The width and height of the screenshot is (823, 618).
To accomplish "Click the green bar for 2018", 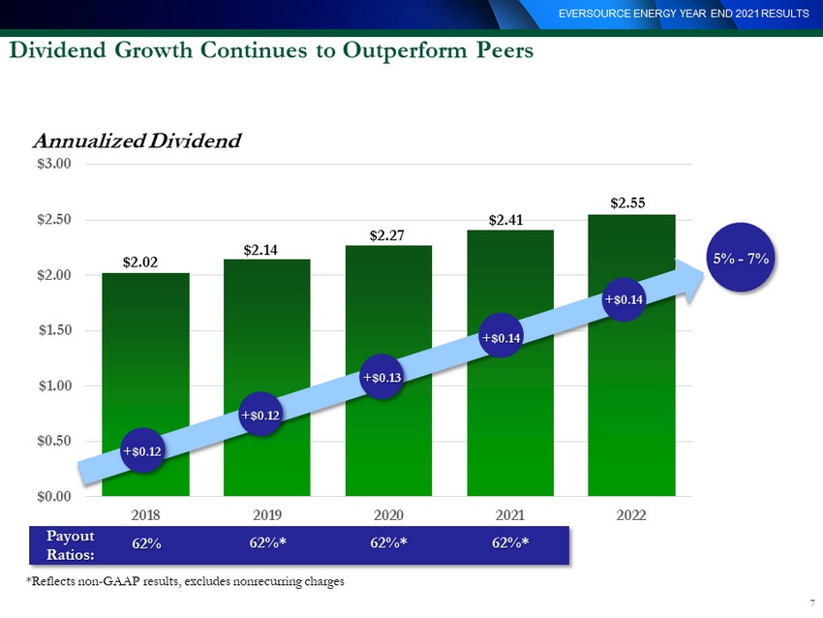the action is (x=145, y=385).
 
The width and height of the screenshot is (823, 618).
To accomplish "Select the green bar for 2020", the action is (x=388, y=371).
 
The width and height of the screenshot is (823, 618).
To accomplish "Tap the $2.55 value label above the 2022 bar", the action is (x=627, y=203).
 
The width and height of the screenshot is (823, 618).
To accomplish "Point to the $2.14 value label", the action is (x=260, y=251).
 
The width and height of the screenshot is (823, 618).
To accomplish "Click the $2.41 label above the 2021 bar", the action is (x=506, y=220).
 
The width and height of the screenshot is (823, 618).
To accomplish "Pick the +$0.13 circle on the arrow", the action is (x=382, y=377).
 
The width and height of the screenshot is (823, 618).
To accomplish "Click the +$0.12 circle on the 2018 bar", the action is (x=142, y=451).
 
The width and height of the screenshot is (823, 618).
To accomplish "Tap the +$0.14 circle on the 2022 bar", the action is (x=624, y=299).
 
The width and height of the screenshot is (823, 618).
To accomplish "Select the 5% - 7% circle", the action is (x=741, y=258).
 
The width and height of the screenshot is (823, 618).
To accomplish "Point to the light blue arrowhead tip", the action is (x=703, y=271).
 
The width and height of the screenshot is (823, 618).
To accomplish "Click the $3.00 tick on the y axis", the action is (x=54, y=164).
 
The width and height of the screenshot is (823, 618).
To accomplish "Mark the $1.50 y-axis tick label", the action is (x=54, y=330).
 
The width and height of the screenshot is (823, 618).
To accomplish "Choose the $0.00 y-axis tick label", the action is (x=54, y=496).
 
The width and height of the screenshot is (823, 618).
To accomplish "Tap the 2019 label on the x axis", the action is (x=267, y=515).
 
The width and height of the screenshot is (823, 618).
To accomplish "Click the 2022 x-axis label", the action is (x=631, y=515).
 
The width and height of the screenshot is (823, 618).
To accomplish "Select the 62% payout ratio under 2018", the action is (x=146, y=543).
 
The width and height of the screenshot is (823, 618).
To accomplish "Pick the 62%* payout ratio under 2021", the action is (x=510, y=542).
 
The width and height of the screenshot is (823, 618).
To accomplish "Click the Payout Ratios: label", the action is (x=71, y=545).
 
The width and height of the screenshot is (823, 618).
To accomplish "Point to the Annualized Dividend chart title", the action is (x=137, y=140).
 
